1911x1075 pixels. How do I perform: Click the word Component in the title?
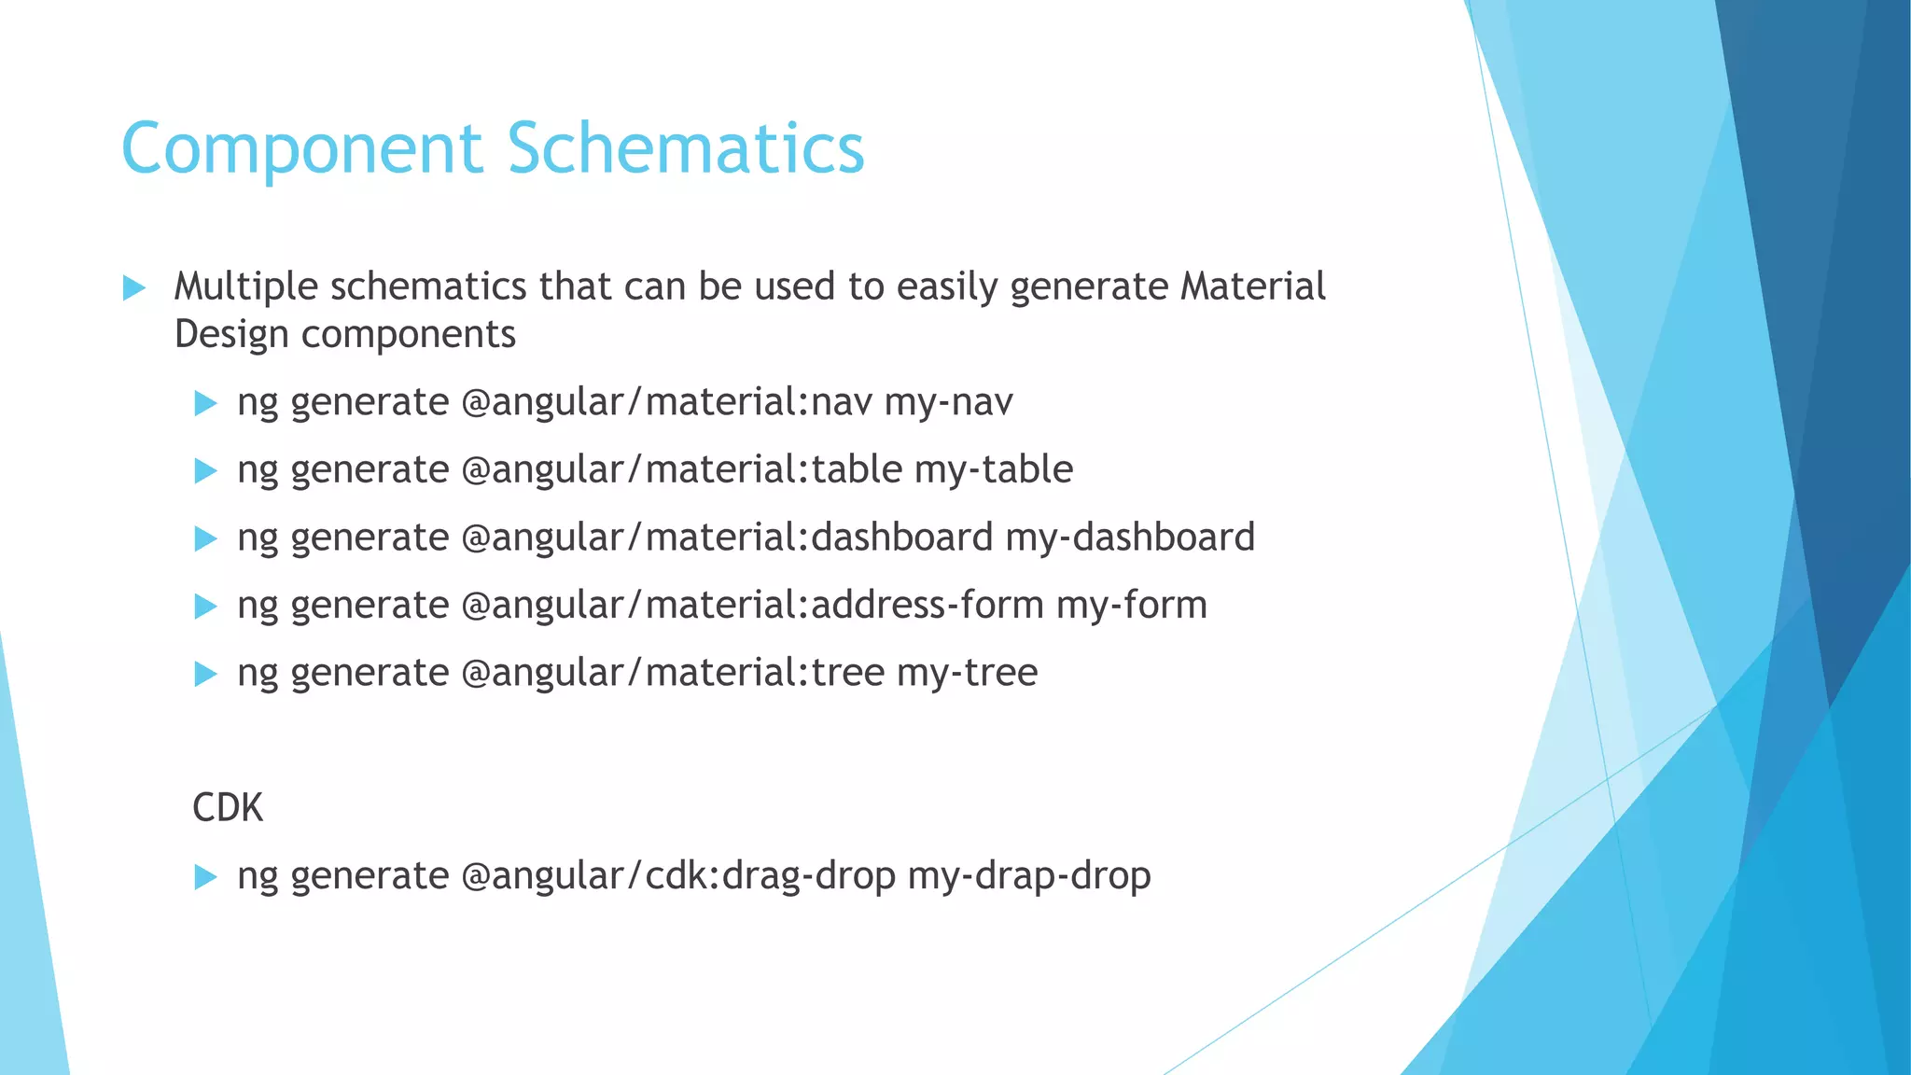coord(301,148)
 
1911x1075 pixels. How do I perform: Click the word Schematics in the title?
coord(686,148)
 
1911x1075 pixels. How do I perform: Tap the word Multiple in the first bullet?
coord(246,286)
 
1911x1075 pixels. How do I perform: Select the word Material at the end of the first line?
coord(1252,286)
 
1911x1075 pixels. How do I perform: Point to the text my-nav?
coord(948,402)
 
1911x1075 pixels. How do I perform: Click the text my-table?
coord(994,469)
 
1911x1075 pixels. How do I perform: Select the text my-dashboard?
coord(1130,537)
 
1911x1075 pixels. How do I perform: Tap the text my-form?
coord(1132,605)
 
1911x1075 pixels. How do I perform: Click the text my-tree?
coord(967,673)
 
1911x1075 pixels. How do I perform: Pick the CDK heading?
coord(228,807)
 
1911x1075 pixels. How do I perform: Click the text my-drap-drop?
coord(1029,876)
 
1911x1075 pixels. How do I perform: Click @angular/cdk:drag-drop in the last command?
coord(678,876)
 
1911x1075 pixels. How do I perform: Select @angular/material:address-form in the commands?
coord(752,605)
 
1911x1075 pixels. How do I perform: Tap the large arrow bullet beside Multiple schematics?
coord(134,287)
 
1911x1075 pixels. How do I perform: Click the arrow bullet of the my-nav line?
coord(205,403)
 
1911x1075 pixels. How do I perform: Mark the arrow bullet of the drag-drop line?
coord(205,877)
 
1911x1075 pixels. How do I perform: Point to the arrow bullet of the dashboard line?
coord(205,538)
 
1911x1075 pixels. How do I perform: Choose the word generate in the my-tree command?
coord(370,673)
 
